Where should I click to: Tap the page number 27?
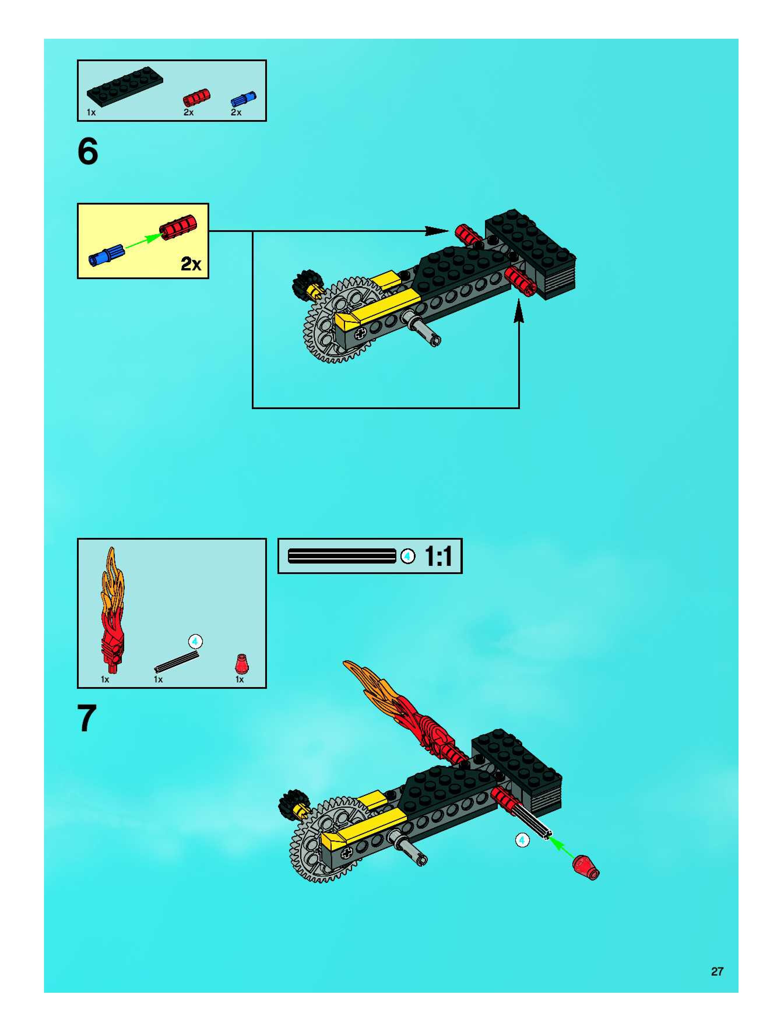click(717, 972)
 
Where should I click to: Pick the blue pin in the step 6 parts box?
click(243, 99)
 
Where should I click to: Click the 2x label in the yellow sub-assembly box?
click(191, 264)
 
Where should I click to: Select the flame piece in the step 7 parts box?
click(112, 610)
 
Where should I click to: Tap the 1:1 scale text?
click(438, 556)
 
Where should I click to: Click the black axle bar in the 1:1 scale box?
click(342, 556)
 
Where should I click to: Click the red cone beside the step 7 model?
click(586, 867)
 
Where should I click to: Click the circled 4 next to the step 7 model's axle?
click(522, 840)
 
